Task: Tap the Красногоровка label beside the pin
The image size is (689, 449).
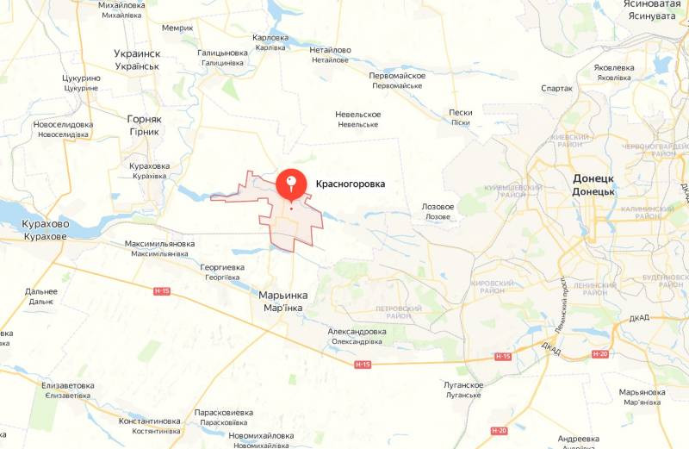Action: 351,184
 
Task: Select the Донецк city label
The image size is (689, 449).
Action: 593,178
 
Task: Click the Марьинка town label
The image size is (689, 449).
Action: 283,295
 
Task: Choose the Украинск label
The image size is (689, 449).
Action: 138,53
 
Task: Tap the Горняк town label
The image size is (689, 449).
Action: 144,119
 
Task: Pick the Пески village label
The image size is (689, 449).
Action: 461,112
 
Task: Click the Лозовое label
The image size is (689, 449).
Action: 438,207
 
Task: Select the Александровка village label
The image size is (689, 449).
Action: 357,332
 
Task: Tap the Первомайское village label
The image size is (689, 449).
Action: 397,76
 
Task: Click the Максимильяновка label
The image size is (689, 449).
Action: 158,243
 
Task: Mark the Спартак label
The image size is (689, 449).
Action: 556,88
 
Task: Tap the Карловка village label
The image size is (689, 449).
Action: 270,38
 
